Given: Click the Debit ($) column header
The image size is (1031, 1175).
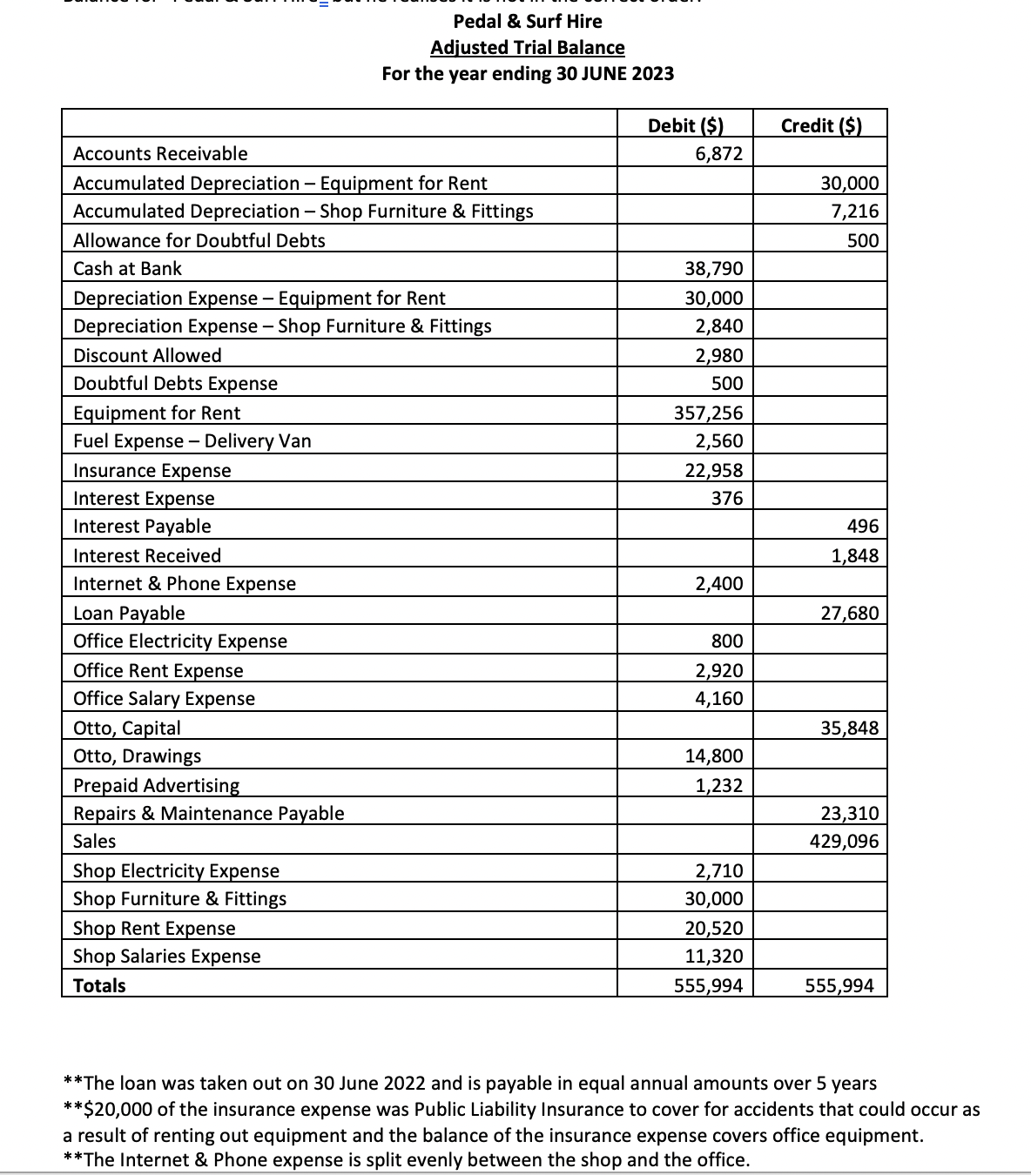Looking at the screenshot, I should tap(686, 125).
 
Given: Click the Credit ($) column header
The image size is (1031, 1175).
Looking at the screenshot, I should tap(821, 125).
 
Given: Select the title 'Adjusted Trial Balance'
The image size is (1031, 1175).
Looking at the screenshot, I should tap(528, 47).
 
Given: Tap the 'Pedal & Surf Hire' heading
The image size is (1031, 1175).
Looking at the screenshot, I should tap(528, 21).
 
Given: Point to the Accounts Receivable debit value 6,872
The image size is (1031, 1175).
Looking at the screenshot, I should tap(718, 154).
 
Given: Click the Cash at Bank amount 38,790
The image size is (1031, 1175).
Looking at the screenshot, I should tap(714, 269).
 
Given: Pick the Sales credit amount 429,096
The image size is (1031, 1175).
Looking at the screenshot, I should tap(844, 842).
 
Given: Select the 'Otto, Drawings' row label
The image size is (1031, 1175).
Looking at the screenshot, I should tap(137, 755).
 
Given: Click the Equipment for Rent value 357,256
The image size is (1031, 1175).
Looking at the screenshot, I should tap(709, 413).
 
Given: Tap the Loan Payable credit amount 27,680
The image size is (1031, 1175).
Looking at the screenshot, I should tap(850, 613).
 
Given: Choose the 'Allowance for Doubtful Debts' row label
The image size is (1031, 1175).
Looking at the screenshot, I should tap(199, 240).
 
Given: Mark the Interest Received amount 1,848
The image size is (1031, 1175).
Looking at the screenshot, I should tap(854, 555).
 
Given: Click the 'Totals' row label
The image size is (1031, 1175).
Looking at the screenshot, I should tap(99, 985).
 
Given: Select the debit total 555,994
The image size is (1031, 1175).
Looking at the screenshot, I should tap(709, 985).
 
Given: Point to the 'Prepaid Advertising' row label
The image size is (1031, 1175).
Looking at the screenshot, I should tap(156, 785).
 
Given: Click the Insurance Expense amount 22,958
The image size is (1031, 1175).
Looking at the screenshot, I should tap(714, 470).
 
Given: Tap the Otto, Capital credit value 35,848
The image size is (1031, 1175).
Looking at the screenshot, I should tap(850, 728).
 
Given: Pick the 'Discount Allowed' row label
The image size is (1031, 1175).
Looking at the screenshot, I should tap(147, 355).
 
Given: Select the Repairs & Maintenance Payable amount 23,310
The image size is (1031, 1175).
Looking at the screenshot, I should tap(850, 813).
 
